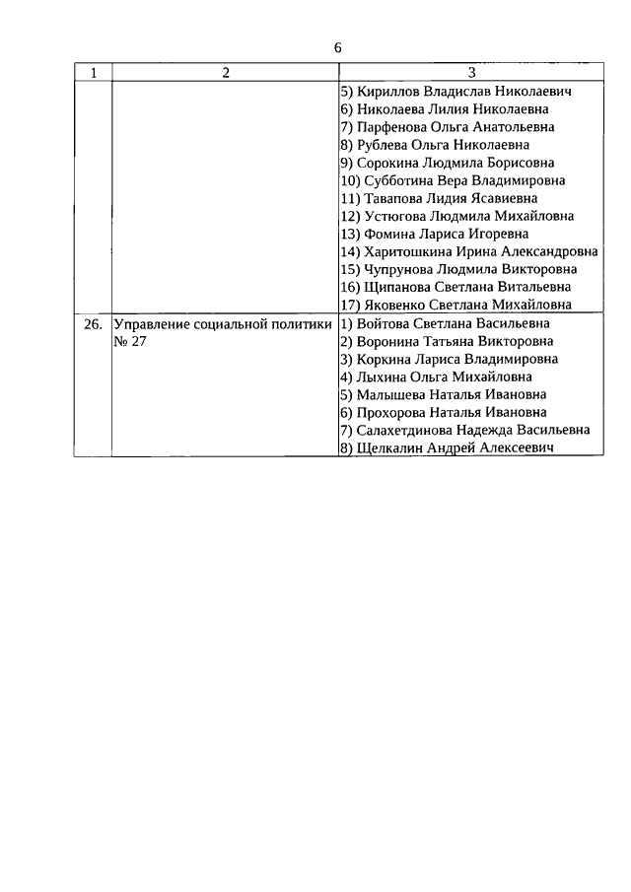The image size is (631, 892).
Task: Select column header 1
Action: click(94, 73)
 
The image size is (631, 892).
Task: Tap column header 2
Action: click(225, 73)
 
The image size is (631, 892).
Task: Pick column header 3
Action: click(471, 73)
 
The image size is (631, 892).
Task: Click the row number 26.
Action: click(93, 323)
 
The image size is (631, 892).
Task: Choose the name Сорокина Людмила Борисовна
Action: click(453, 163)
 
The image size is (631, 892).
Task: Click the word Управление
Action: click(155, 323)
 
